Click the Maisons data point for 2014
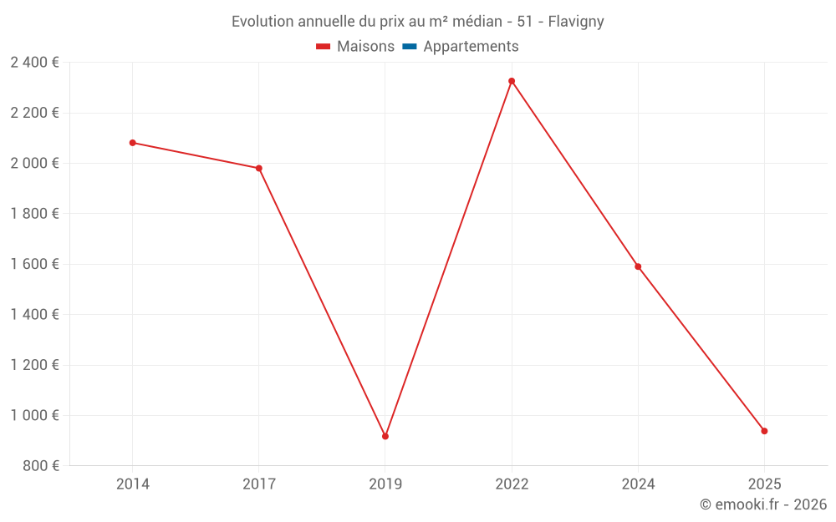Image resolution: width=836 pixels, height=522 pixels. click(x=133, y=143)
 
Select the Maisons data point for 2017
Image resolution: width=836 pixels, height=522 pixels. click(x=259, y=168)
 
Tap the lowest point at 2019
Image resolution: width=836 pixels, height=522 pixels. click(x=385, y=436)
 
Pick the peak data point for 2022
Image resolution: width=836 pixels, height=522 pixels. click(x=512, y=81)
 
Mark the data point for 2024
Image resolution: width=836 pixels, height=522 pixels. click(x=638, y=266)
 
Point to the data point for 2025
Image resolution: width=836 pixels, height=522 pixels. click(x=764, y=431)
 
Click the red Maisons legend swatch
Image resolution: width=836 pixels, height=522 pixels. click(x=324, y=47)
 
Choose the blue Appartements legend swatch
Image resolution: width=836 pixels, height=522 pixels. click(x=410, y=47)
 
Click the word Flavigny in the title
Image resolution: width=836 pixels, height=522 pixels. click(x=576, y=22)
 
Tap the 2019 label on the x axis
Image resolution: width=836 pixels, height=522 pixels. click(x=385, y=484)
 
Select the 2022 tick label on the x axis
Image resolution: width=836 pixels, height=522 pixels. click(x=512, y=484)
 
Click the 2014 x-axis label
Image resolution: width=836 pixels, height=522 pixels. click(x=133, y=484)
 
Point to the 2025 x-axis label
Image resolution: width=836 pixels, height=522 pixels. click(x=764, y=484)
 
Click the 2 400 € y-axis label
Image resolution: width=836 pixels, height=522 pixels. click(x=34, y=63)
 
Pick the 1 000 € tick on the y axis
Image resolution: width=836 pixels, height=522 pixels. click(x=34, y=415)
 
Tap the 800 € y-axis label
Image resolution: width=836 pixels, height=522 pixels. click(x=40, y=466)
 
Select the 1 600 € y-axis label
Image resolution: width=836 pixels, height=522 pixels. click(x=34, y=264)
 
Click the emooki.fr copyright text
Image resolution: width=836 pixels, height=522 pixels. click(x=763, y=504)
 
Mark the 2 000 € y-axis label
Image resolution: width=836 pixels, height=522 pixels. click(x=34, y=163)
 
